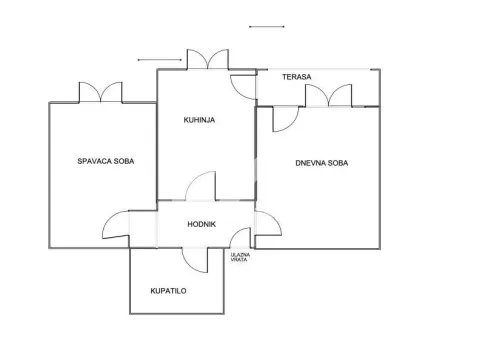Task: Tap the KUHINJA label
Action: click(x=199, y=121)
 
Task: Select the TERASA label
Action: click(x=296, y=76)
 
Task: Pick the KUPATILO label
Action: click(x=170, y=291)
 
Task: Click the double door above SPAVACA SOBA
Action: click(x=101, y=93)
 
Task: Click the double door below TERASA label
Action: click(x=329, y=96)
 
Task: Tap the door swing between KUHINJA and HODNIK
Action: click(x=201, y=188)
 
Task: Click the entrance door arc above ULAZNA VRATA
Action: click(x=240, y=238)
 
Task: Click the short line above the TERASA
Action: click(x=266, y=26)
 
